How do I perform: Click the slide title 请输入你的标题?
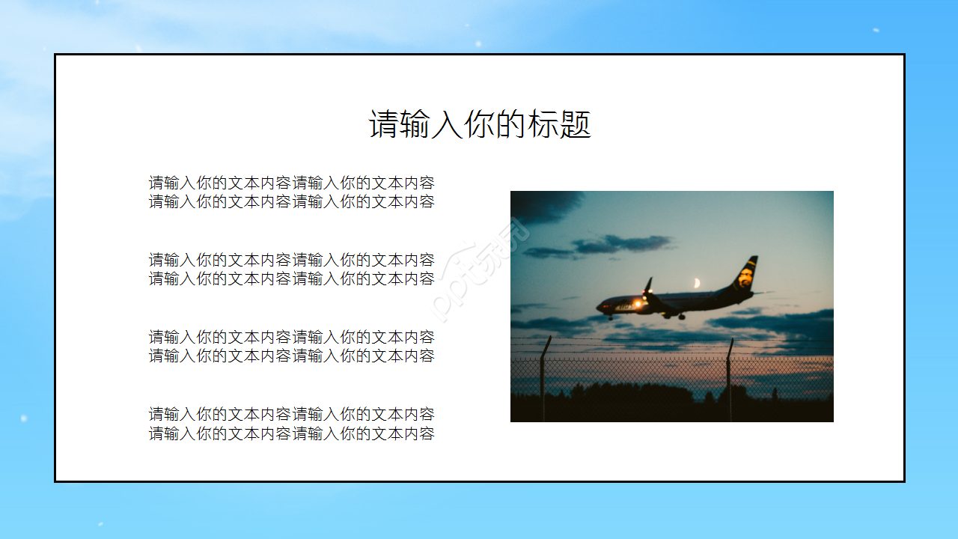480,124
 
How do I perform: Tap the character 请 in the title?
382,124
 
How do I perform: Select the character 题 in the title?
576,124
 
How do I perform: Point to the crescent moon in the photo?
697,283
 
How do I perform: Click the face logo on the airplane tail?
745,278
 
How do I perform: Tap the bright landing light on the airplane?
638,303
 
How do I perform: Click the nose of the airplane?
599,306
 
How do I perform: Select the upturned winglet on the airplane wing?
648,284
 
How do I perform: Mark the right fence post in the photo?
729,378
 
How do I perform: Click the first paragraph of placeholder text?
291,192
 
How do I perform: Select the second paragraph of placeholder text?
291,269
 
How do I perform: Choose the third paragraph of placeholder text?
291,347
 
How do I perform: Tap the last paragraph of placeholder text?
291,424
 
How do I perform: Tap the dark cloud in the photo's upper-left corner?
543,204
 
